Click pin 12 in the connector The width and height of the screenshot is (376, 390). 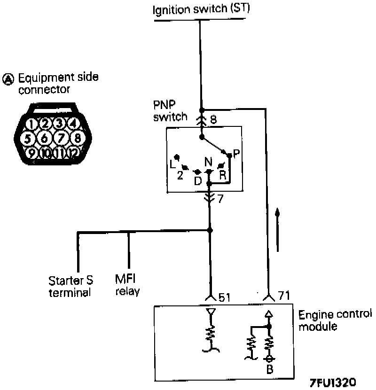pyautogui.click(x=73, y=153)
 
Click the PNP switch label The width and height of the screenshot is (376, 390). pyautogui.click(x=170, y=110)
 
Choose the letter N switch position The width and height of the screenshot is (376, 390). pyautogui.click(x=209, y=162)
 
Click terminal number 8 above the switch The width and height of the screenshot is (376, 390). pyautogui.click(x=213, y=120)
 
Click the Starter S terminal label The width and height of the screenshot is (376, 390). pyautogui.click(x=70, y=286)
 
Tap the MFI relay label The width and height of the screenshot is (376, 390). pyautogui.click(x=127, y=285)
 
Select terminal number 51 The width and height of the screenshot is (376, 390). pyautogui.click(x=224, y=297)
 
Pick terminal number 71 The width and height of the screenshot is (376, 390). pyautogui.click(x=283, y=296)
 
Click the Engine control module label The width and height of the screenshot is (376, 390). pyautogui.click(x=335, y=320)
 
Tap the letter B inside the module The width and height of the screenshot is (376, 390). pyautogui.click(x=269, y=369)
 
